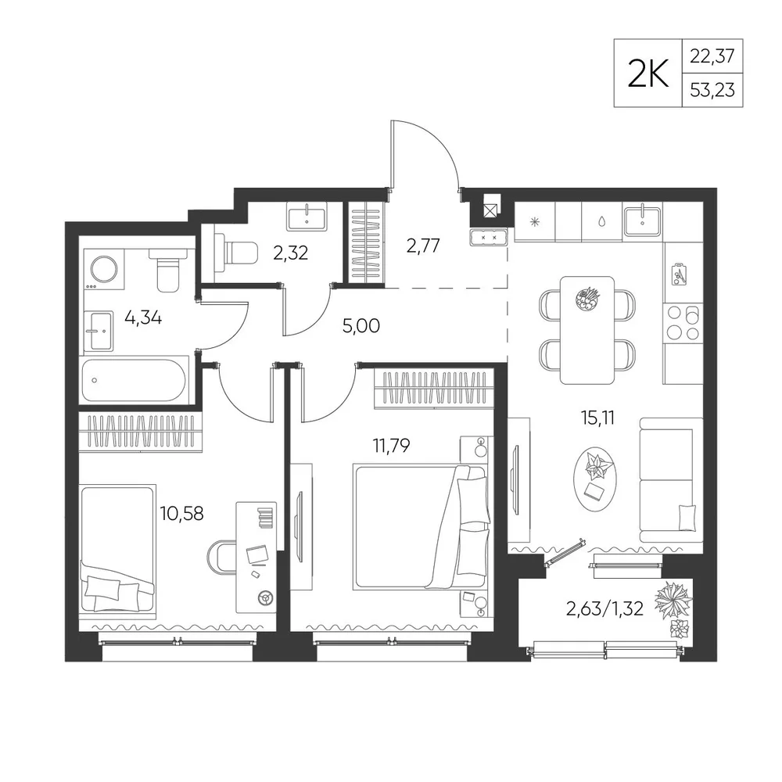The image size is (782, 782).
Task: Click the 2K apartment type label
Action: click(x=647, y=74)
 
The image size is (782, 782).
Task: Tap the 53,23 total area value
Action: click(x=712, y=90)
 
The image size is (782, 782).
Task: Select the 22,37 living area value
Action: click(x=712, y=56)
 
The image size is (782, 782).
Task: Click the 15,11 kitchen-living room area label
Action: click(x=597, y=418)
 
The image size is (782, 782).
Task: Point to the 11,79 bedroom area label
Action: click(x=392, y=445)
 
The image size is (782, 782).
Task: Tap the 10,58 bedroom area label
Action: click(x=181, y=513)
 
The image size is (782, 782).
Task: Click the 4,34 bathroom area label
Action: click(x=143, y=317)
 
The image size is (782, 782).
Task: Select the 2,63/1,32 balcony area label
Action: click(x=604, y=608)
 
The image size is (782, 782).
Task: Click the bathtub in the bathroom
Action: click(x=135, y=380)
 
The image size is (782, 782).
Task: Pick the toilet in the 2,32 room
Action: click(x=235, y=253)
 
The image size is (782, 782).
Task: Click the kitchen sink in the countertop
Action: click(x=642, y=221)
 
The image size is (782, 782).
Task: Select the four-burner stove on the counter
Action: click(x=683, y=322)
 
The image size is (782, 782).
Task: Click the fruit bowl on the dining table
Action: click(x=587, y=300)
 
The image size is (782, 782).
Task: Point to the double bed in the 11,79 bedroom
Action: click(x=419, y=526)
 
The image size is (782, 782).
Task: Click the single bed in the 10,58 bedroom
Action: click(x=118, y=550)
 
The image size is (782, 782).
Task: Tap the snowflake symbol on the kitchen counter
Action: click(x=534, y=221)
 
